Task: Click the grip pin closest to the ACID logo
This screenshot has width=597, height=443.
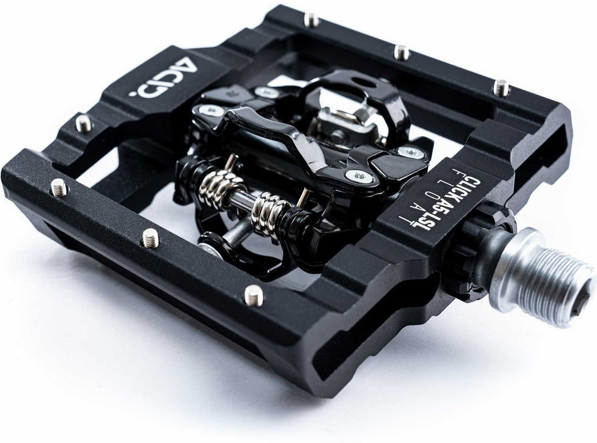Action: (82, 123)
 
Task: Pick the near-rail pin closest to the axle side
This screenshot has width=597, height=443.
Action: (251, 296)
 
